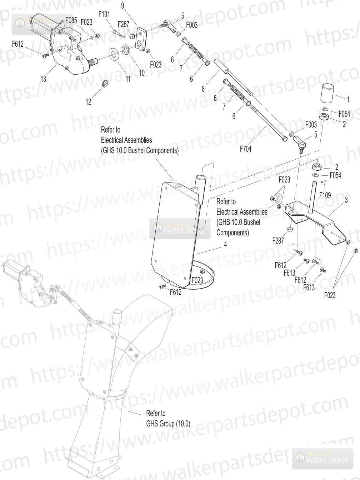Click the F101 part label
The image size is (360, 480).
click(104, 14)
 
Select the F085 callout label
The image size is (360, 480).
click(71, 21)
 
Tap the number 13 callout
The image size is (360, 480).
click(44, 79)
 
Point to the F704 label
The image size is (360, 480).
click(245, 149)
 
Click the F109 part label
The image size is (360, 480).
click(325, 195)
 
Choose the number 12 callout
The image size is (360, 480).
click(88, 102)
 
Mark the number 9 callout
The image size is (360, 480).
click(122, 6)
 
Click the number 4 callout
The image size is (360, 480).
click(225, 245)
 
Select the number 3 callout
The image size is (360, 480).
click(346, 200)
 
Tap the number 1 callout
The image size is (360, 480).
click(348, 100)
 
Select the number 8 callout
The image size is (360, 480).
click(203, 89)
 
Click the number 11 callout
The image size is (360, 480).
click(128, 79)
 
